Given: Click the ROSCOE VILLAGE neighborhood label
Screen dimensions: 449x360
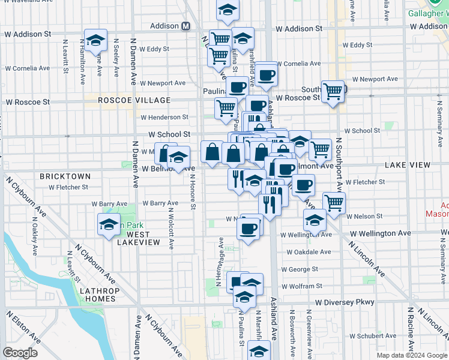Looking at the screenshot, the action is (134, 100).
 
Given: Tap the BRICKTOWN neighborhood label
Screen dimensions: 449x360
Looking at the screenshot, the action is (65, 176).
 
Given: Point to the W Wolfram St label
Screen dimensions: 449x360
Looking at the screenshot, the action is (302, 286).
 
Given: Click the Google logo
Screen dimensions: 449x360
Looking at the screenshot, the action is (20, 353).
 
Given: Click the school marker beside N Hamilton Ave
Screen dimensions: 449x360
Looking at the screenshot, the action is (96, 40).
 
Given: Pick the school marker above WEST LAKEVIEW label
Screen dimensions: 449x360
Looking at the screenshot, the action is (108, 225).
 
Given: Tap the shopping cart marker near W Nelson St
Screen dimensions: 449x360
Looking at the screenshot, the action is (334, 203).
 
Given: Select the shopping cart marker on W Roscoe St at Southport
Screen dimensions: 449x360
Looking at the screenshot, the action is (333, 92).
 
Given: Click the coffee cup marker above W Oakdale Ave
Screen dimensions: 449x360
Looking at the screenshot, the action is (248, 229).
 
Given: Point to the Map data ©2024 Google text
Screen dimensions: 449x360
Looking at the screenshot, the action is (411, 355).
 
